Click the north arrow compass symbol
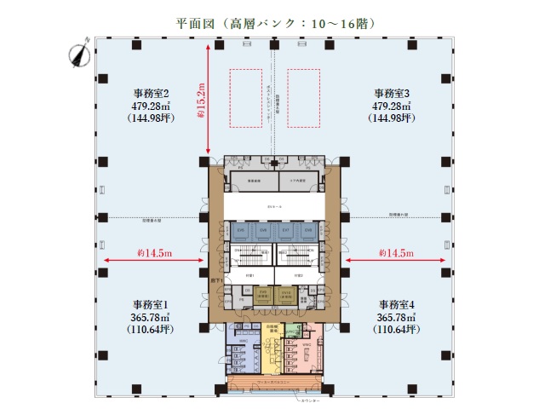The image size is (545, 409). point(79,53)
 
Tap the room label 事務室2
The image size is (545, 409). point(151,92)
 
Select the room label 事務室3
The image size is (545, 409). point(393,92)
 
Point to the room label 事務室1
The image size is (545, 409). point(150,305)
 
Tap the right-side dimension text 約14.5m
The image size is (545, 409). point(395,253)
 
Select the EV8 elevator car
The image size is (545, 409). point(310,230)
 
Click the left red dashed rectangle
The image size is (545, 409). point(244,96)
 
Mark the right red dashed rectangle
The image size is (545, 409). point(304,96)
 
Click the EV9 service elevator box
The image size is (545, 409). point(262,293)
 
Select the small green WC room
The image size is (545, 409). point(291,329)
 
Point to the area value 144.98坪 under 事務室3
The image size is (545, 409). point(393,118)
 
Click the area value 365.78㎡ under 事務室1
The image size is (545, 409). point(150,317)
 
